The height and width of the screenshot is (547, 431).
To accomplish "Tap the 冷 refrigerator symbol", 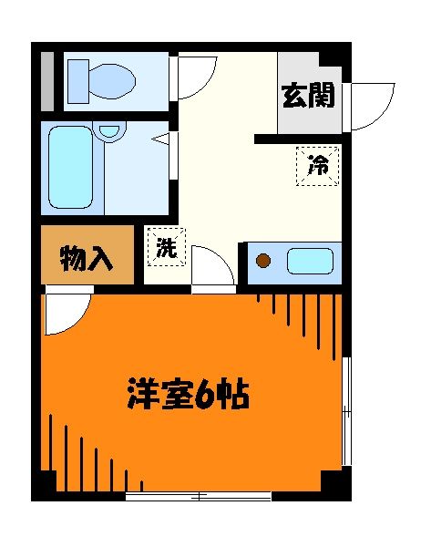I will click(317, 165).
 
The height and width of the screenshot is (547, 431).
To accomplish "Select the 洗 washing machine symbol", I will click(165, 247).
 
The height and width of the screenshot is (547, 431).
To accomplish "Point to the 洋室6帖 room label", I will click(188, 395).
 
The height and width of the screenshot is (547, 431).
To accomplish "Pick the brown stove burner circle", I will click(263, 263).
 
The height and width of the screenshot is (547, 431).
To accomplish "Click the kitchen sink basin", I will click(310, 263).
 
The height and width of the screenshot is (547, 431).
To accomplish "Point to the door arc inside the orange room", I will click(67, 310).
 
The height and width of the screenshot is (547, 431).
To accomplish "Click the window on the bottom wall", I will click(198, 496).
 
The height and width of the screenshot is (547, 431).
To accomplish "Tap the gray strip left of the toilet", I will click(46, 80).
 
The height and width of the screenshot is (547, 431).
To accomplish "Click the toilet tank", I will click(77, 79).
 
